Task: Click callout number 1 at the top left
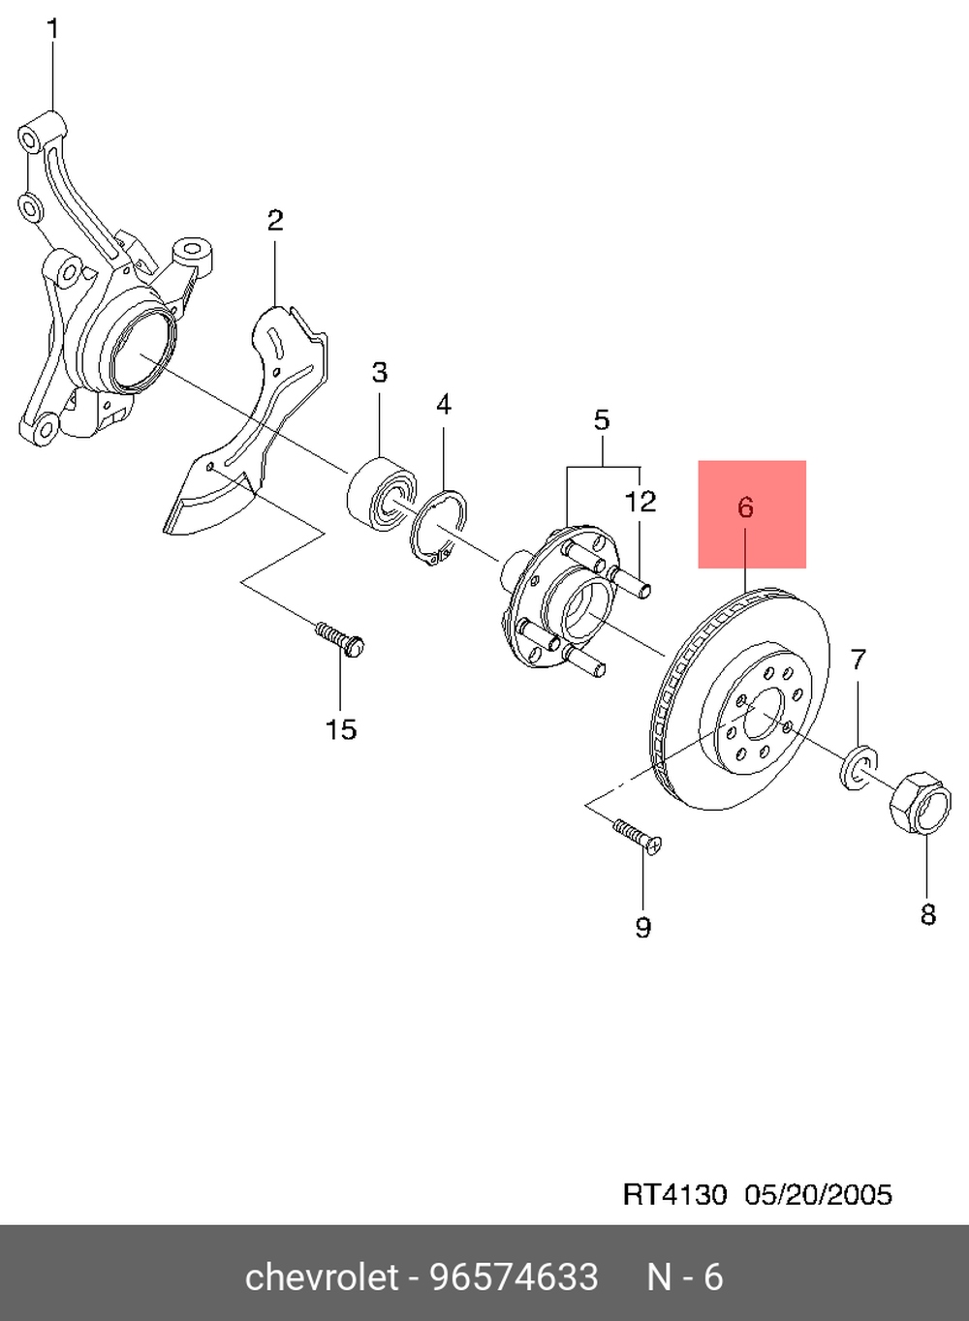point(53,29)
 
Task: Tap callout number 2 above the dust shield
point(275,221)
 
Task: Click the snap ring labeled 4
point(439,529)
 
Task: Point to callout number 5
point(602,420)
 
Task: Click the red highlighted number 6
point(746,507)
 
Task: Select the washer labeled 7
point(859,767)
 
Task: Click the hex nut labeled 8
point(920,802)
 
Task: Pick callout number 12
point(641,502)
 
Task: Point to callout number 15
point(341,729)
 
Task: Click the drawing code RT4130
point(673,1195)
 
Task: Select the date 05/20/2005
point(818,1195)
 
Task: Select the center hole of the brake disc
point(764,714)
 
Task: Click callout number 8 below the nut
point(927,913)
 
